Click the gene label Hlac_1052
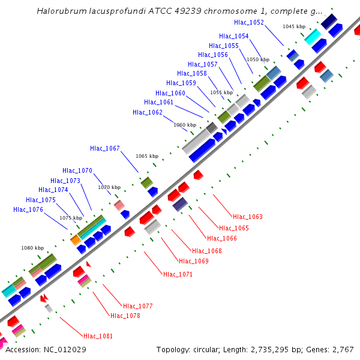tap(249, 22)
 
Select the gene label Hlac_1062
tap(148, 112)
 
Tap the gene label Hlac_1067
tap(105, 148)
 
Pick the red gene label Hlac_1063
tap(248, 217)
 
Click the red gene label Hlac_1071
tap(178, 274)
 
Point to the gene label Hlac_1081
tap(98, 337)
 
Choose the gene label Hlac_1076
tap(28, 209)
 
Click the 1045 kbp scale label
tap(294, 26)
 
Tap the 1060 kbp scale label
tap(185, 125)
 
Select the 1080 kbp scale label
tap(32, 247)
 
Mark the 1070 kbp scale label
tap(109, 187)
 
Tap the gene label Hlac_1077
tap(138, 306)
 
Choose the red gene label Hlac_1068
tap(207, 251)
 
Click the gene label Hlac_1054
tap(234, 36)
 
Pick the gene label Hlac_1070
tap(77, 170)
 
